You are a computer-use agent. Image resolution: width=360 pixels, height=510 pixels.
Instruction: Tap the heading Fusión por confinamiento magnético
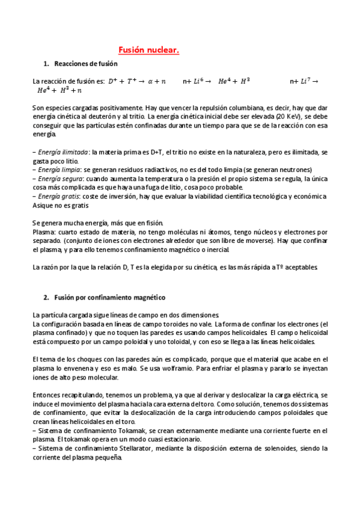[x=110, y=298]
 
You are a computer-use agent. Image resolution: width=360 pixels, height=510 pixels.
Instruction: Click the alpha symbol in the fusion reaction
[x=150, y=81]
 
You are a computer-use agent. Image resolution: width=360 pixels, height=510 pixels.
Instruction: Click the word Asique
[x=42, y=205]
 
